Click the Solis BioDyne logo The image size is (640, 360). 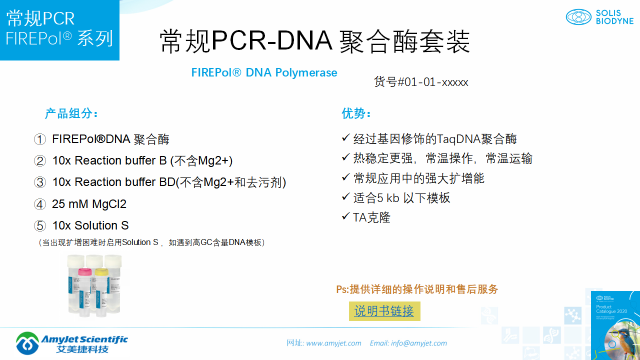pos(599,17)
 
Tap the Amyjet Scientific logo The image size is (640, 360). pos(71,343)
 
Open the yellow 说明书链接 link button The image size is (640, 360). pos(384,311)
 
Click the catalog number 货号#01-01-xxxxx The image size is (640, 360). pos(421,82)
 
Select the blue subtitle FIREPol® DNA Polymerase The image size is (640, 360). pos(264,73)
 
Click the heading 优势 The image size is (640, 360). pos(356,113)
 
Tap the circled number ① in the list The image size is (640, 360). pos(40,139)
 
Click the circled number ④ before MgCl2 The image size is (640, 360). pos(40,204)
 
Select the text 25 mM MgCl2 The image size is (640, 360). pos(89,204)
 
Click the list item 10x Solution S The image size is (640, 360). pos(90,225)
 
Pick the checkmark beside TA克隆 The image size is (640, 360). pos(345,216)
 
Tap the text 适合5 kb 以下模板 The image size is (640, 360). pos(401,198)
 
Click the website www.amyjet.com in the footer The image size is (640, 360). pos(333,343)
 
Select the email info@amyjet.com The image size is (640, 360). pos(419,343)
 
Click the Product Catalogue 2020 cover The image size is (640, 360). pos(615,325)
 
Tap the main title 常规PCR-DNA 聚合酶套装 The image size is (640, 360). pos(315,41)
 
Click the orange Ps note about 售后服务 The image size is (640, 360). pos(417,289)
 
